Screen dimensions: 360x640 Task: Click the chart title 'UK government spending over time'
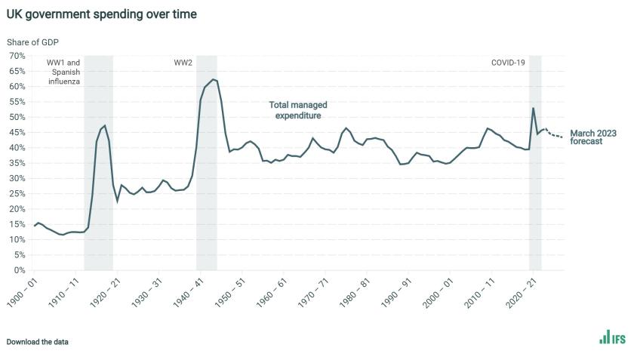tap(102, 14)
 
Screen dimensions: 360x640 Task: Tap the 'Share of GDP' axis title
tap(33, 42)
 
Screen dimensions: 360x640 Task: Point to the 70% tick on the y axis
tap(17, 56)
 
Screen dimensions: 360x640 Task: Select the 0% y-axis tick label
tap(20, 270)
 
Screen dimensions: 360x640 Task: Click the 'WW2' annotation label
tap(183, 62)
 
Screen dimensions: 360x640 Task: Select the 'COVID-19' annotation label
tap(508, 62)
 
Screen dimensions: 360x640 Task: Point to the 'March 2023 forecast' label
tap(593, 137)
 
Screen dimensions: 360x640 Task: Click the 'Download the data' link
tap(38, 342)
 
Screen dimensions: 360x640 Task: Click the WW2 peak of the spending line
tap(214, 79)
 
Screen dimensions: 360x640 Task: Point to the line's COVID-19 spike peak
tap(534, 108)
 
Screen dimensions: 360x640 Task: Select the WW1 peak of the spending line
tap(105, 126)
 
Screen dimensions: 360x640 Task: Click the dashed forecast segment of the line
tap(554, 134)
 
